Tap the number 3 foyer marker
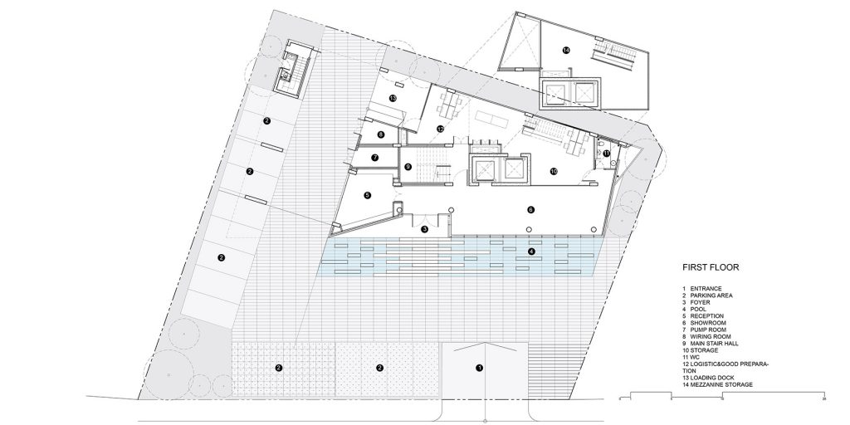424,229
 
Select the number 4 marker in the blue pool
532,252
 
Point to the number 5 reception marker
366,195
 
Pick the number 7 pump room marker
374,157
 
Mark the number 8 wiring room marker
380,134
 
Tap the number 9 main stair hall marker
408,167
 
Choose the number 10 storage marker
554,172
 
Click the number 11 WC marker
607,154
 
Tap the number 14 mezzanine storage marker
566,51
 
